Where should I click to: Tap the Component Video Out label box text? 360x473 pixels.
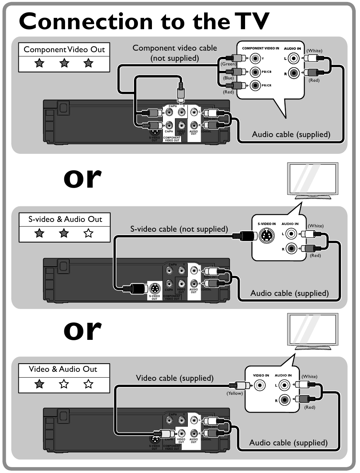click(x=64, y=49)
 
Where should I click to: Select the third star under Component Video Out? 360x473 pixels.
click(x=89, y=63)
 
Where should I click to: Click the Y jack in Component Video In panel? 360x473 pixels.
click(x=255, y=59)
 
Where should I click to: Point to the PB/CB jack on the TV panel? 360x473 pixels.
click(x=255, y=72)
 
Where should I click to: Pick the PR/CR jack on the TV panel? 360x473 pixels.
click(x=255, y=85)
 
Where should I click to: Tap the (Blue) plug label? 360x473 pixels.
click(x=228, y=78)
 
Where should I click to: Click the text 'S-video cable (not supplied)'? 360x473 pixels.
click(x=179, y=229)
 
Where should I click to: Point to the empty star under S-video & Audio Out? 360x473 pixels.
click(x=89, y=233)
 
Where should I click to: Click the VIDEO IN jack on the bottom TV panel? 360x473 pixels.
click(x=259, y=386)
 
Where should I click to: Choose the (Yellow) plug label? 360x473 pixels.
click(x=235, y=393)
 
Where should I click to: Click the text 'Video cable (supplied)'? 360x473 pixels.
click(x=175, y=378)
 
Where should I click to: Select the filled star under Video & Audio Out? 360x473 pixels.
click(x=39, y=384)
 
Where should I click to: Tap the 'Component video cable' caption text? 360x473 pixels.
click(x=175, y=48)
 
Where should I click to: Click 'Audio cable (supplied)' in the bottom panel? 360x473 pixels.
click(x=288, y=442)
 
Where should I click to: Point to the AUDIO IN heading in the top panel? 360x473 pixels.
click(x=292, y=48)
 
